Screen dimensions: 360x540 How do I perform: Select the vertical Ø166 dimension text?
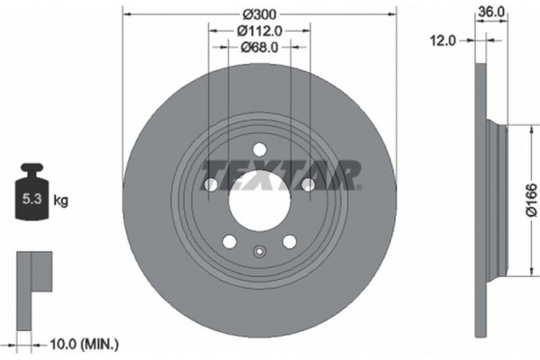point(530,196)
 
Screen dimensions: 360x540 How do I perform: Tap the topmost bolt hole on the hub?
point(259,150)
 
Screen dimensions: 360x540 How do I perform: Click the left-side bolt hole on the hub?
point(211,184)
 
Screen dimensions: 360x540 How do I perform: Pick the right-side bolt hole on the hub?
point(308,184)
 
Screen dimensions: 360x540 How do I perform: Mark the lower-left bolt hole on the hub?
point(229,241)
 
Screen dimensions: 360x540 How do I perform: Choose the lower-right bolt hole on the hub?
point(289,241)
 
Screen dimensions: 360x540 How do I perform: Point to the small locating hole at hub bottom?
point(259,253)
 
